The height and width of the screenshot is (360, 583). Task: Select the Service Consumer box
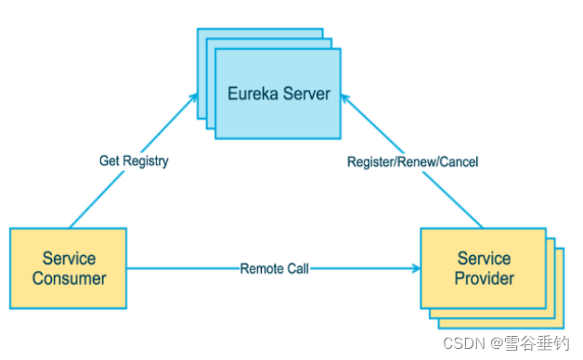click(x=69, y=267)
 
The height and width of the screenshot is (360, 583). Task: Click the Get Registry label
click(x=134, y=161)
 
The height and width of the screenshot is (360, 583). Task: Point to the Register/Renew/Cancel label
click(x=412, y=161)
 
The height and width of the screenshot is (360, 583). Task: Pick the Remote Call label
click(x=274, y=268)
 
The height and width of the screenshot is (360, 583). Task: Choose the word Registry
click(x=146, y=161)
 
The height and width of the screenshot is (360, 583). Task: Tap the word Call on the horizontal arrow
click(x=296, y=268)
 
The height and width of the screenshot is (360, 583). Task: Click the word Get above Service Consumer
click(x=110, y=161)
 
